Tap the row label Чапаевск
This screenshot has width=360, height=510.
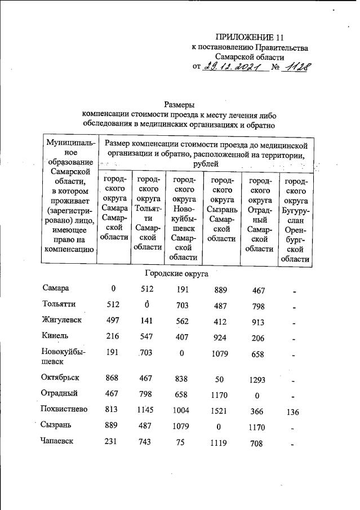click(x=62, y=443)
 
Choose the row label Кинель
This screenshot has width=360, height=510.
click(x=55, y=335)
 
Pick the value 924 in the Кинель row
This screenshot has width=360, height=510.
click(x=218, y=336)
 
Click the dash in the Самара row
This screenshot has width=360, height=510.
click(x=294, y=290)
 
